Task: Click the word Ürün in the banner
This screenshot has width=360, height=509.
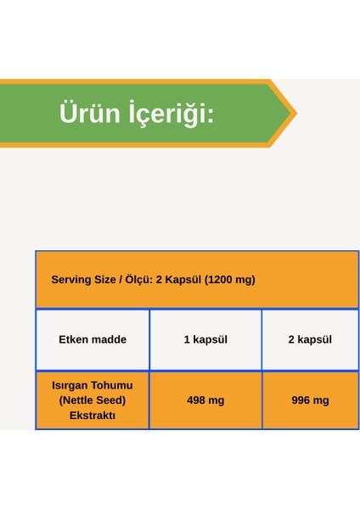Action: (x=88, y=114)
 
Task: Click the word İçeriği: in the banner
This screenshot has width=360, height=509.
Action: (x=170, y=114)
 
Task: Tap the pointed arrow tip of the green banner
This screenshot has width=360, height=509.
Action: (x=293, y=113)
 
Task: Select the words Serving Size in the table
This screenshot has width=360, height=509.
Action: (x=82, y=279)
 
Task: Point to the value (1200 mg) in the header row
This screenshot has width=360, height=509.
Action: (x=228, y=279)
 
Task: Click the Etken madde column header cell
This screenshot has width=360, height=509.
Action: (x=93, y=339)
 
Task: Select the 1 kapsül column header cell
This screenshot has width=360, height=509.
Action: (x=205, y=339)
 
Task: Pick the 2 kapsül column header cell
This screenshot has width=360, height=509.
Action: (x=310, y=339)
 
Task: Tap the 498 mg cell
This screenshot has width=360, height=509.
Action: (x=205, y=400)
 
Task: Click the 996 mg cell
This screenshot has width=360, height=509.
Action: (x=310, y=400)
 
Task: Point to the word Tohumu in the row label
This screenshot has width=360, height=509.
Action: (x=113, y=385)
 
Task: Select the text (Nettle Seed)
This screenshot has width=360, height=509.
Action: (x=93, y=400)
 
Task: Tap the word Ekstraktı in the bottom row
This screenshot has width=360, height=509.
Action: (x=93, y=416)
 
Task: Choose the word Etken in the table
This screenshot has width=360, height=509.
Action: (x=74, y=339)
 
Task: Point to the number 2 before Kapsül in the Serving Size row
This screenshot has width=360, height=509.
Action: (x=159, y=279)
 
